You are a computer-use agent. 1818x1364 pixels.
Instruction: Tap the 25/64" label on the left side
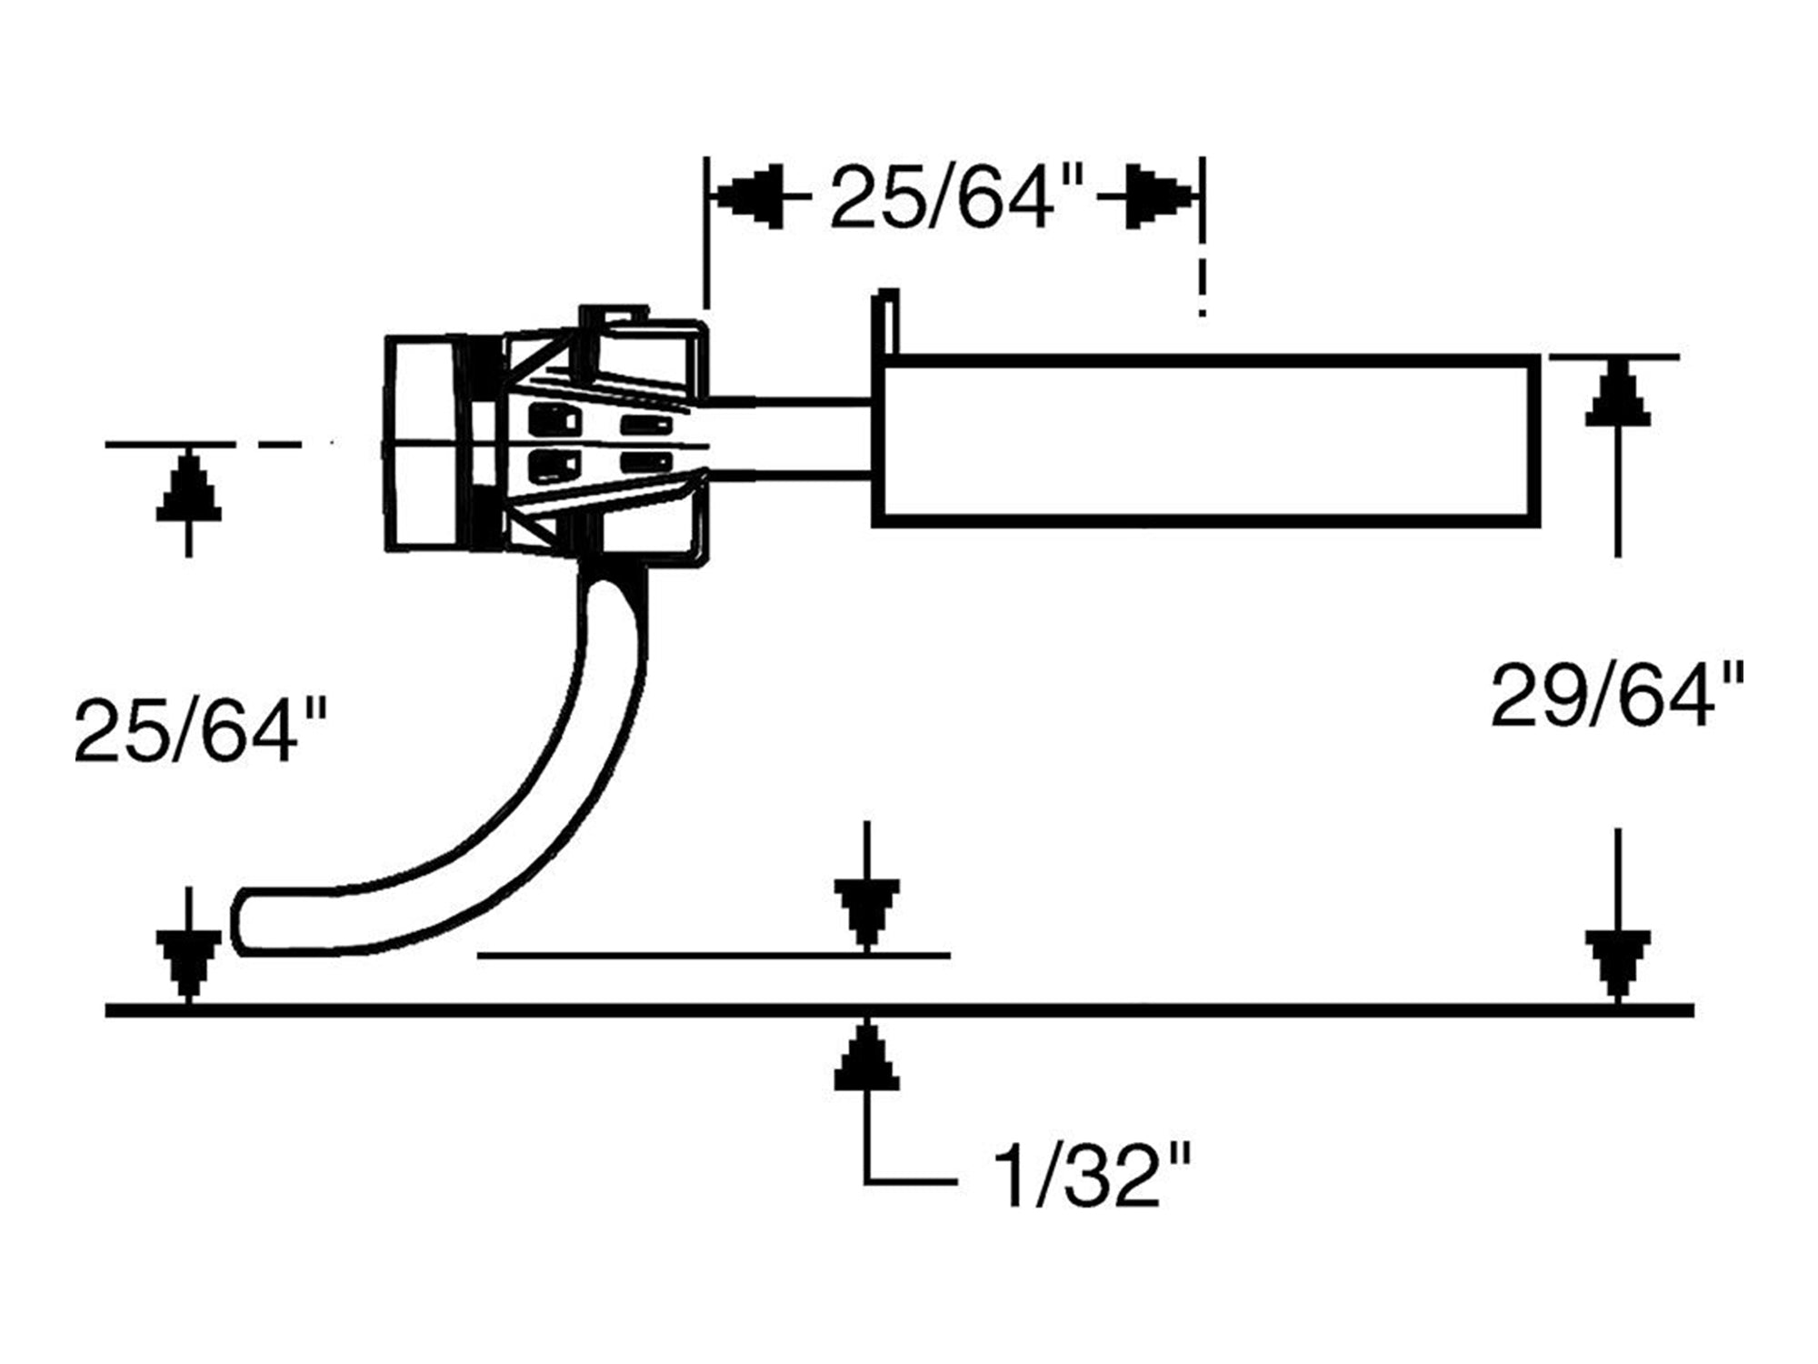(200, 730)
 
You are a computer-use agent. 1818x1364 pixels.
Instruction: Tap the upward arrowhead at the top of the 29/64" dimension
(1618, 393)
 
